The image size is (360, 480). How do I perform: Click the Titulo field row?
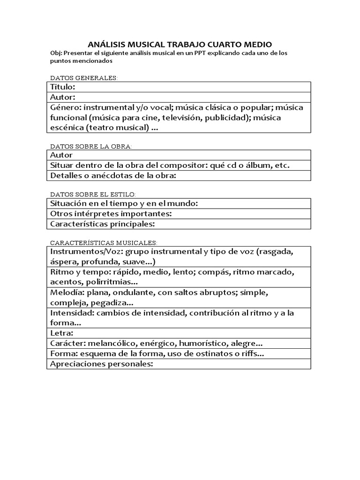click(179, 87)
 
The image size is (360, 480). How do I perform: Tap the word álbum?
click(260, 165)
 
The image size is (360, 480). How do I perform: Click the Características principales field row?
click(179, 224)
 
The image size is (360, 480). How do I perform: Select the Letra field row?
click(179, 333)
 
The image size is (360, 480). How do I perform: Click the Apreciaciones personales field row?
click(179, 364)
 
